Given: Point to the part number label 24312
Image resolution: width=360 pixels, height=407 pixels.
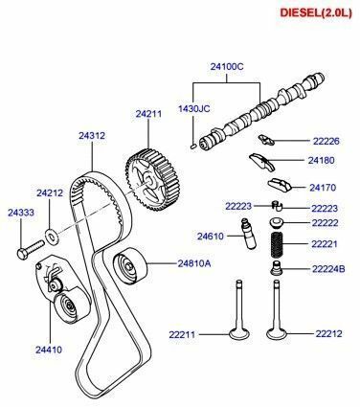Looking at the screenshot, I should (91, 136).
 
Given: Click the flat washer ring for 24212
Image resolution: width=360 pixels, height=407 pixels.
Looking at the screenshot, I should (49, 234).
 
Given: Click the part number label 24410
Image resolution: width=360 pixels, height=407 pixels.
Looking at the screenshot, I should (49, 350).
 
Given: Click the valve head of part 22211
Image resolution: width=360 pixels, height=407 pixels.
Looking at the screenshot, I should (239, 334).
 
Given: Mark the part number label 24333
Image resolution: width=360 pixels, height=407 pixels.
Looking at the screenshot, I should (21, 212).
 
